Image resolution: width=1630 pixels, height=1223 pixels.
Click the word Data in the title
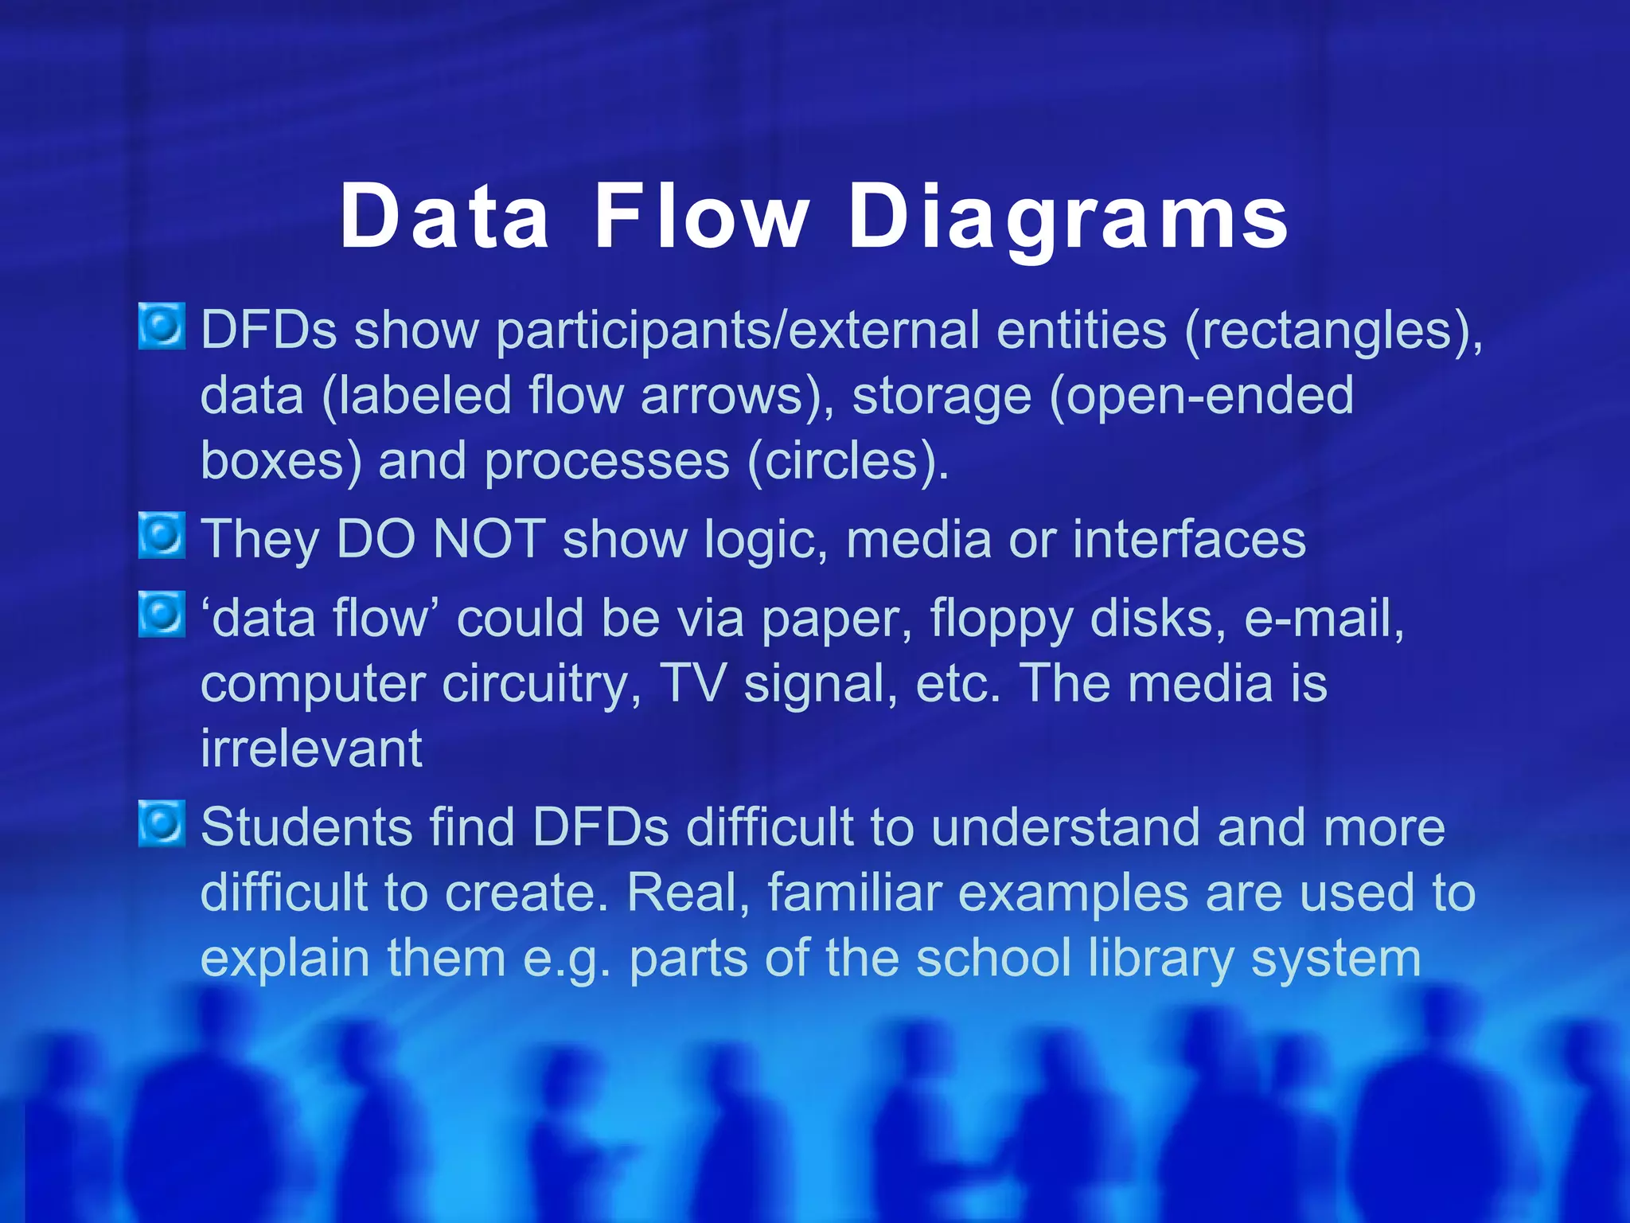(x=444, y=217)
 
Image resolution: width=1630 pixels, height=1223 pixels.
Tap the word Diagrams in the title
(x=1068, y=217)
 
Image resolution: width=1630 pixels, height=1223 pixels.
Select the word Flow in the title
(x=701, y=217)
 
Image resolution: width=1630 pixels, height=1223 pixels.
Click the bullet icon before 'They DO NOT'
(x=162, y=536)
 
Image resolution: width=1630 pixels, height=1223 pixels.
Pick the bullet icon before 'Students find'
(x=162, y=824)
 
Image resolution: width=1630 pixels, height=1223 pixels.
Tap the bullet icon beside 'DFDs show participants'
(x=162, y=326)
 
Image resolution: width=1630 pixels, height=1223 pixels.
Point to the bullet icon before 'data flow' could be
(x=162, y=615)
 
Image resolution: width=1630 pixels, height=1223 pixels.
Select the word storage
(x=942, y=396)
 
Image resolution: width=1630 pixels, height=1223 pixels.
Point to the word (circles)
(x=848, y=461)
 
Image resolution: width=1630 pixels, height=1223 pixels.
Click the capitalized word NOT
(x=489, y=540)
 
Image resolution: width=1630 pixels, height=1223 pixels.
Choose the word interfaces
(x=1189, y=540)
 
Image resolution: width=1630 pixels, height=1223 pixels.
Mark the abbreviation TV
(x=693, y=684)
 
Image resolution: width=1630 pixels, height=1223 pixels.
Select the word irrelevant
(x=311, y=749)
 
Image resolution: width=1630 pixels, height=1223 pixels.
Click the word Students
(x=306, y=828)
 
